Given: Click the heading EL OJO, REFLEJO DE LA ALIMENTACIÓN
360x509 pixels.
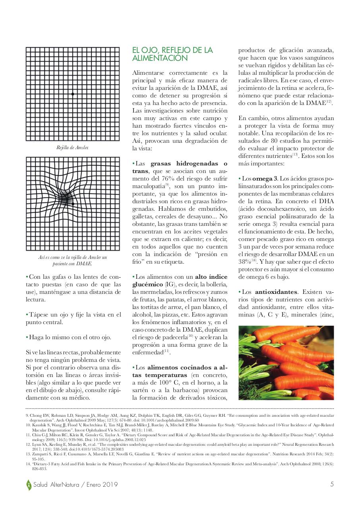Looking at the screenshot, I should [x=172, y=54].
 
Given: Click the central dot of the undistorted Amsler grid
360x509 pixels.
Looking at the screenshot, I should [x=73, y=94].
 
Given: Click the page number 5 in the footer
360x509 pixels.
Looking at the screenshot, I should [x=332, y=485].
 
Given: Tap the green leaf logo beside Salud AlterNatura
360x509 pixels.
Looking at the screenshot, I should [x=29, y=485].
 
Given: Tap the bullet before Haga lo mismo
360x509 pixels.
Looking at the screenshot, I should [x=27, y=338].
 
